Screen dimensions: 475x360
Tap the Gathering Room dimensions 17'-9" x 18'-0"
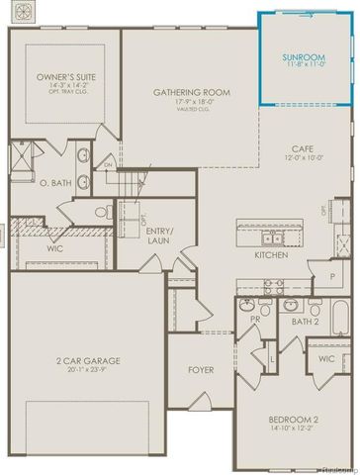pyautogui.click(x=192, y=102)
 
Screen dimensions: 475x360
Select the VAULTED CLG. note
pyautogui.click(x=192, y=110)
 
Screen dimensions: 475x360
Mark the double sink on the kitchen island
pyautogui.click(x=272, y=237)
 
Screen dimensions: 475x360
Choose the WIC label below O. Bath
pyautogui.click(x=54, y=249)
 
